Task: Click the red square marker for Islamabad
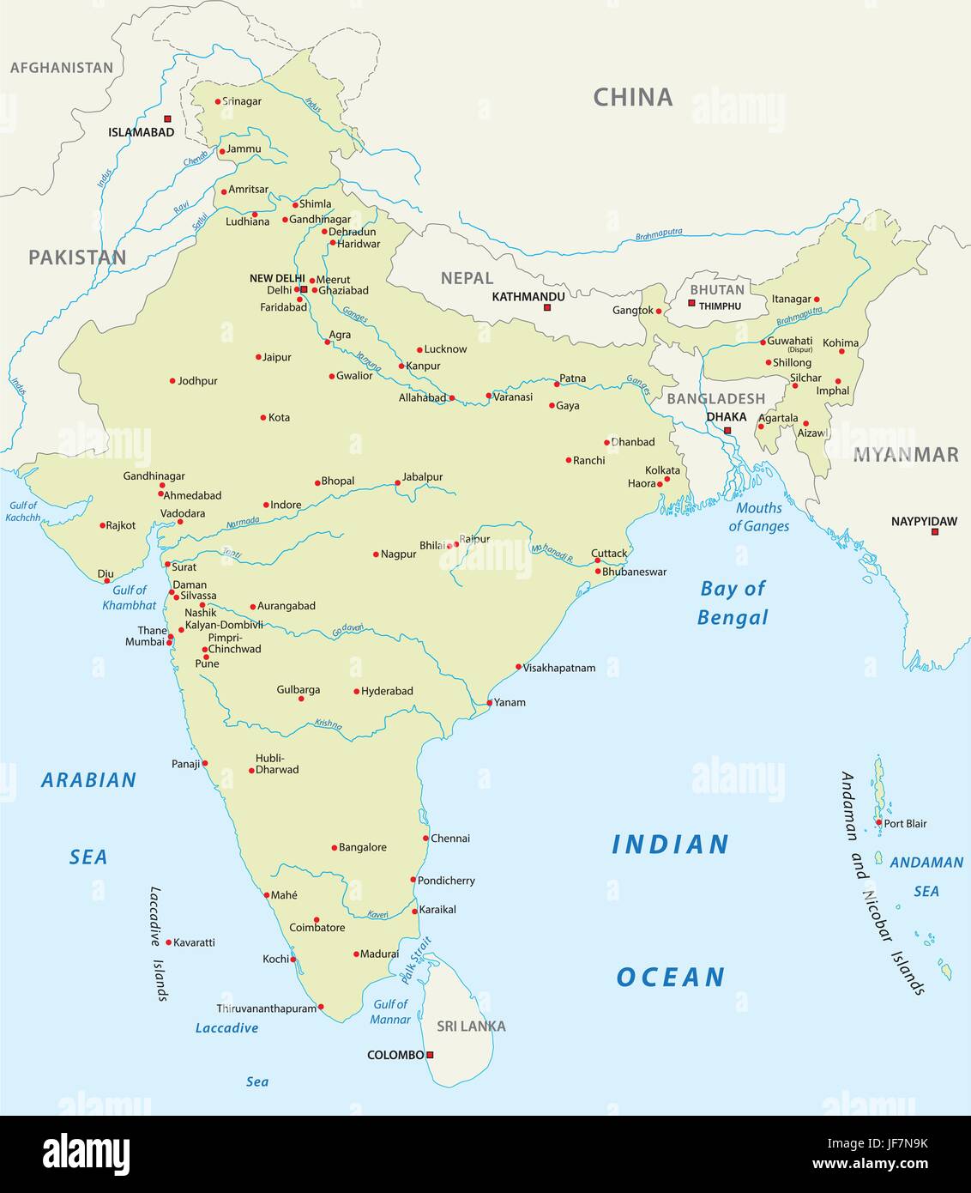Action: [x=167, y=118]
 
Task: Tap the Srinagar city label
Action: [x=242, y=101]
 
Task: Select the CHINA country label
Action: [x=633, y=98]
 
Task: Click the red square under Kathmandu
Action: [x=547, y=306]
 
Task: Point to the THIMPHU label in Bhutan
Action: [x=720, y=306]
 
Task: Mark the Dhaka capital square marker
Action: [x=727, y=431]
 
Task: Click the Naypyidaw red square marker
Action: [x=935, y=532]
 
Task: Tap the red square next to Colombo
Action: [x=431, y=1055]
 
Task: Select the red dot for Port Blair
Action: [x=878, y=823]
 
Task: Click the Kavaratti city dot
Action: [x=168, y=942]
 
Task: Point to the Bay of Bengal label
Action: [x=733, y=603]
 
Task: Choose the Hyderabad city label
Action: [x=387, y=691]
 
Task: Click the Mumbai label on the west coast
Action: [x=144, y=642]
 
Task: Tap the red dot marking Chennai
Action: [x=425, y=839]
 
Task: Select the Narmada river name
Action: [x=242, y=523]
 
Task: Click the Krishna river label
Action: [x=328, y=724]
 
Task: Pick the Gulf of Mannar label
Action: [x=390, y=1012]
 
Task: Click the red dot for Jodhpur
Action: [x=172, y=381]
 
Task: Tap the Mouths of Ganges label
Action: [x=759, y=517]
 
